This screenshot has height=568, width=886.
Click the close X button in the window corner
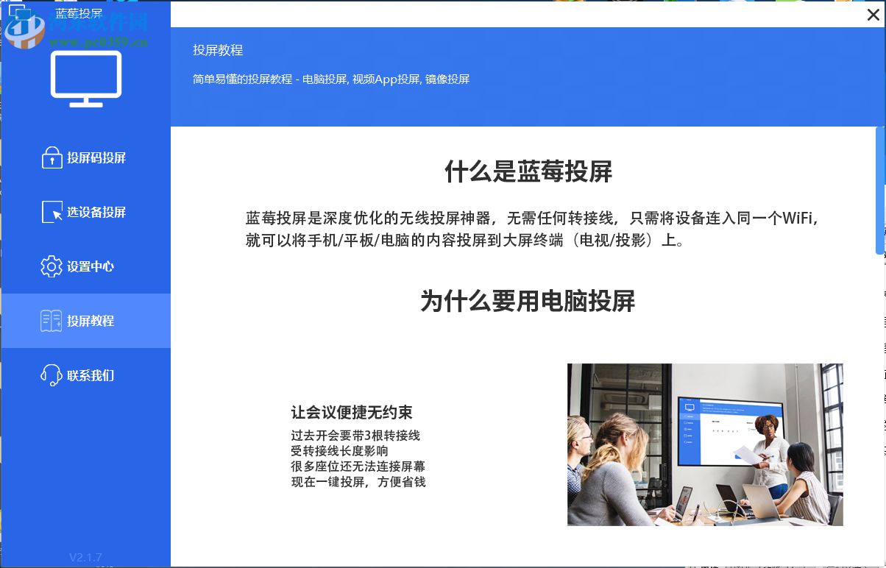(873, 15)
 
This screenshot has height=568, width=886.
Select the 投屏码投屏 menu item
(96, 158)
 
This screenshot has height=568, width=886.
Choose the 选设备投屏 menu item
(96, 213)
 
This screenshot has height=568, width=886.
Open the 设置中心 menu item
(91, 267)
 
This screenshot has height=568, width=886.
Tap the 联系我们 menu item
(91, 376)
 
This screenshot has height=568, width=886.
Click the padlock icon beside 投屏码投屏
(52, 158)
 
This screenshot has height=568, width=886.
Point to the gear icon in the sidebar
(52, 266)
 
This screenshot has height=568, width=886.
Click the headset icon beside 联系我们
(52, 375)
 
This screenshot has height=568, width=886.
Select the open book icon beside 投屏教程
(52, 321)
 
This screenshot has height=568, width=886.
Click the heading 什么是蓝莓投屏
(528, 172)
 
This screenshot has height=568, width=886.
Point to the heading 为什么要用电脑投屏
(528, 301)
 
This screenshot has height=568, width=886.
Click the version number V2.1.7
(85, 557)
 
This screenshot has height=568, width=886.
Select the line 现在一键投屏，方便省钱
(358, 482)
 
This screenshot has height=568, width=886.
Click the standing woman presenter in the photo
(770, 445)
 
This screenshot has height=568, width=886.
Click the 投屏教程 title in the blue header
(218, 51)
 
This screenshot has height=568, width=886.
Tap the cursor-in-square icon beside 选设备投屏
(52, 212)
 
